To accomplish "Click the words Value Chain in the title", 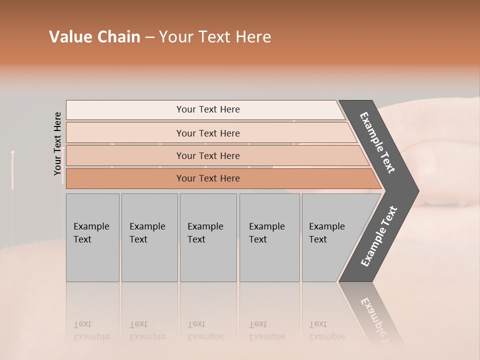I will pos(94,37).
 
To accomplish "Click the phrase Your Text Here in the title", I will pos(215,37).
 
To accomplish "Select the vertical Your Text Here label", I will pos(57,143).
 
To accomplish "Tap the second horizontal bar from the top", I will pos(207,133).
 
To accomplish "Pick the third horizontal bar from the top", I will pos(207,155).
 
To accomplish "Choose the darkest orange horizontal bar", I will pos(207,178).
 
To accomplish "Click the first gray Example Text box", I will pos(92,237).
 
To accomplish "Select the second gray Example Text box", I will pos(149,237).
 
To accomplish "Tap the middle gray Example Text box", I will pos(208,237).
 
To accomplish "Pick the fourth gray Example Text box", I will pos(269,237).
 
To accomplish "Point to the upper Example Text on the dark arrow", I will pos(377,142).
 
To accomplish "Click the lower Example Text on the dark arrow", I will pos(378,236).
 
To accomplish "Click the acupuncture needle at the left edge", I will pos(12,170).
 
